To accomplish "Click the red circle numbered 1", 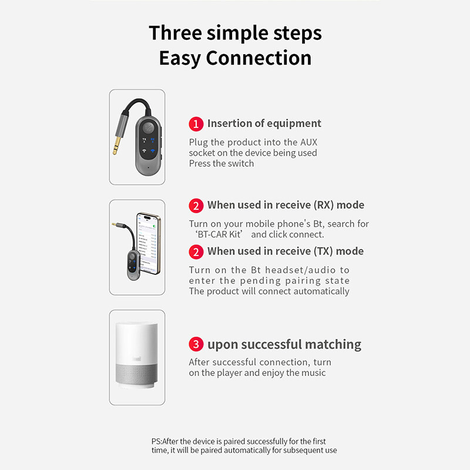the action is (196, 124).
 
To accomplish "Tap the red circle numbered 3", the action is (196, 344).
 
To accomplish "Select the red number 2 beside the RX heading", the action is (196, 206).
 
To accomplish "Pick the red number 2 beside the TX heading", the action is (196, 252).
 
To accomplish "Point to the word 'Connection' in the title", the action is (259, 58).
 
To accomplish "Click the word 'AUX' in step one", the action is (309, 142).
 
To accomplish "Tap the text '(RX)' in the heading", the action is (324, 205).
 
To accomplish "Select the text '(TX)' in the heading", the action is (323, 251).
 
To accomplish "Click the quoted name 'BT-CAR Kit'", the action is (219, 234).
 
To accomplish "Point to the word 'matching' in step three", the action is (333, 344).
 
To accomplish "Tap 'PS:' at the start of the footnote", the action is (156, 441).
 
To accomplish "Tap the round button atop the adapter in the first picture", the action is (148, 127).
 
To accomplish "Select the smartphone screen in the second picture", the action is (148, 243).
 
